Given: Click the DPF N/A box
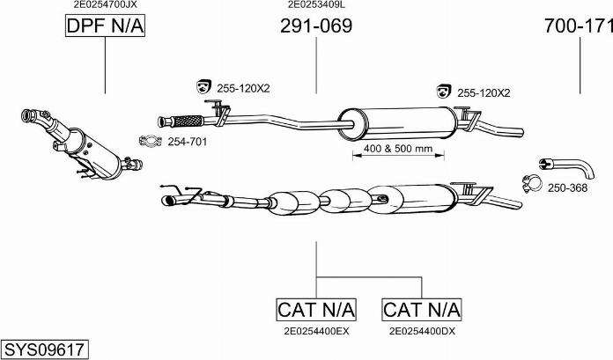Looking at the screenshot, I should [x=105, y=26].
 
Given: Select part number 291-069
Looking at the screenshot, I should [x=315, y=26].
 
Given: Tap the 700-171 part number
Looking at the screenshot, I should [x=579, y=26].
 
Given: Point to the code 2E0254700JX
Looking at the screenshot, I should [x=105, y=4].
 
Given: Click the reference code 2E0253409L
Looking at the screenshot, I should [x=315, y=4].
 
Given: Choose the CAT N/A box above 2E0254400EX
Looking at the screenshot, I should [x=316, y=309].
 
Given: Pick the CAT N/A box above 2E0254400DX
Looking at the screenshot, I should [x=421, y=309].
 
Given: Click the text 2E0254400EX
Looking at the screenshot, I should [x=316, y=332].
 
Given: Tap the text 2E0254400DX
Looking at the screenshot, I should [x=421, y=332].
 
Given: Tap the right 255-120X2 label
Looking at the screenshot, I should [x=484, y=92].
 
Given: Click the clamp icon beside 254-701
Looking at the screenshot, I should [x=151, y=141].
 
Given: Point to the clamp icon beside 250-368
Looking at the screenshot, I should [x=531, y=184].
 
